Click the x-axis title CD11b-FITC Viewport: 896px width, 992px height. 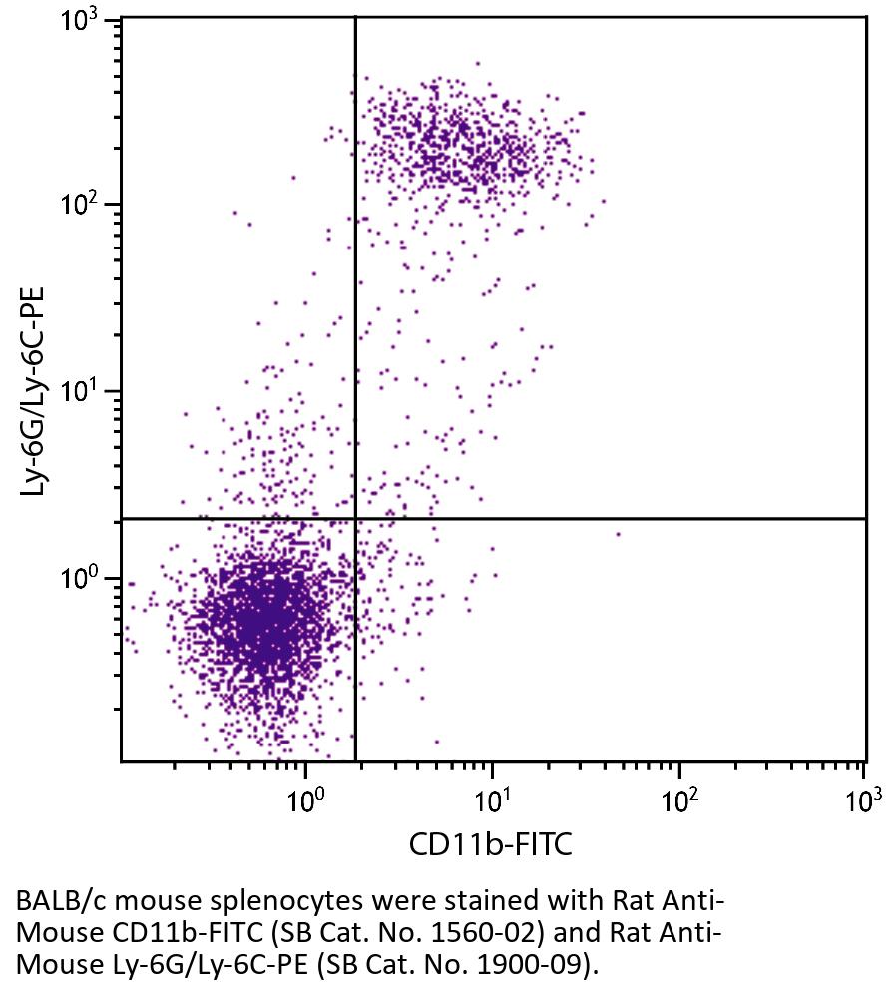click(491, 846)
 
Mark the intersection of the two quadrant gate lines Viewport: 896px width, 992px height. click(355, 519)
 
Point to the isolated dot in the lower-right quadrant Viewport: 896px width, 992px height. click(619, 534)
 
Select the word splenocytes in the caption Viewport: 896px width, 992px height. click(225, 901)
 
